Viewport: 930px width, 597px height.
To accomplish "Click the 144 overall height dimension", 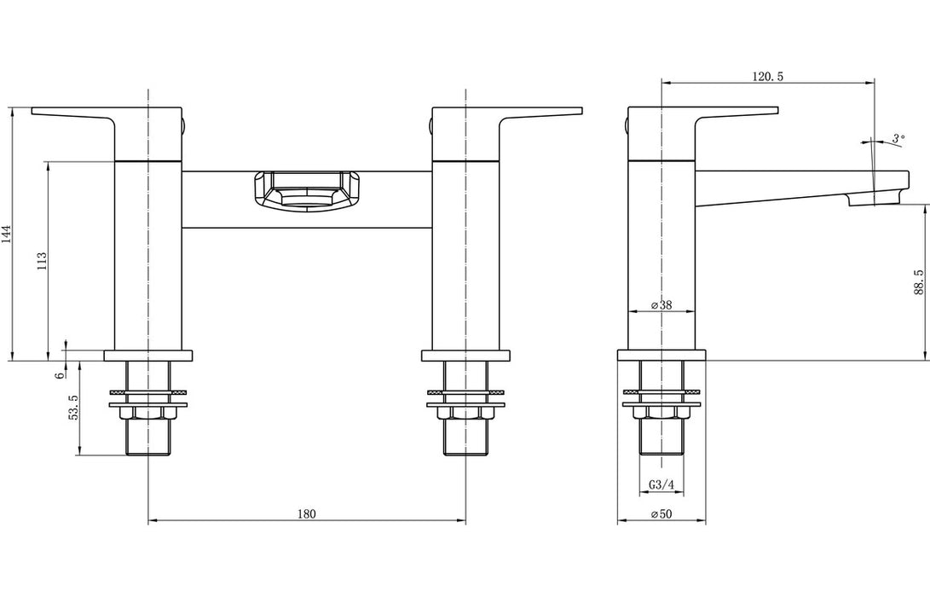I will (x=7, y=235).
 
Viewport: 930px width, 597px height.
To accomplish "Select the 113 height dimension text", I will (x=42, y=260).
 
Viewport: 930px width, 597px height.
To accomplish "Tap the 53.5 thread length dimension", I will (x=74, y=409).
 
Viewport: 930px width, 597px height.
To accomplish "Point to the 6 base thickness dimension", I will (x=61, y=374).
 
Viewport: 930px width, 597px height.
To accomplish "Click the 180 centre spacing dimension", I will (x=307, y=513).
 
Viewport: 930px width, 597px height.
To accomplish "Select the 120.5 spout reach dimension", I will (x=767, y=77).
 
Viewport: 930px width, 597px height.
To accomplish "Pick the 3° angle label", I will (x=897, y=138).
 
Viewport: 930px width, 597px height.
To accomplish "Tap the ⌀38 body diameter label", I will (x=661, y=304).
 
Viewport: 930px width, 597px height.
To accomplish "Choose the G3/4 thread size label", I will (x=661, y=485).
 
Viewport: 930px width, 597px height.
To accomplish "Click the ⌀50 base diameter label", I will (x=661, y=513).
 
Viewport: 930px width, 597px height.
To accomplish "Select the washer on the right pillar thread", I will (x=465, y=394).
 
